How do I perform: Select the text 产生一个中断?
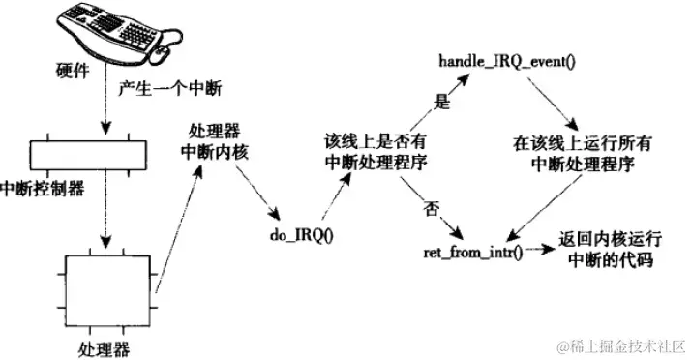pos(169,90)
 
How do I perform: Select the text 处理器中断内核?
pos(211,141)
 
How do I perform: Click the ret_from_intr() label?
pos(471,252)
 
